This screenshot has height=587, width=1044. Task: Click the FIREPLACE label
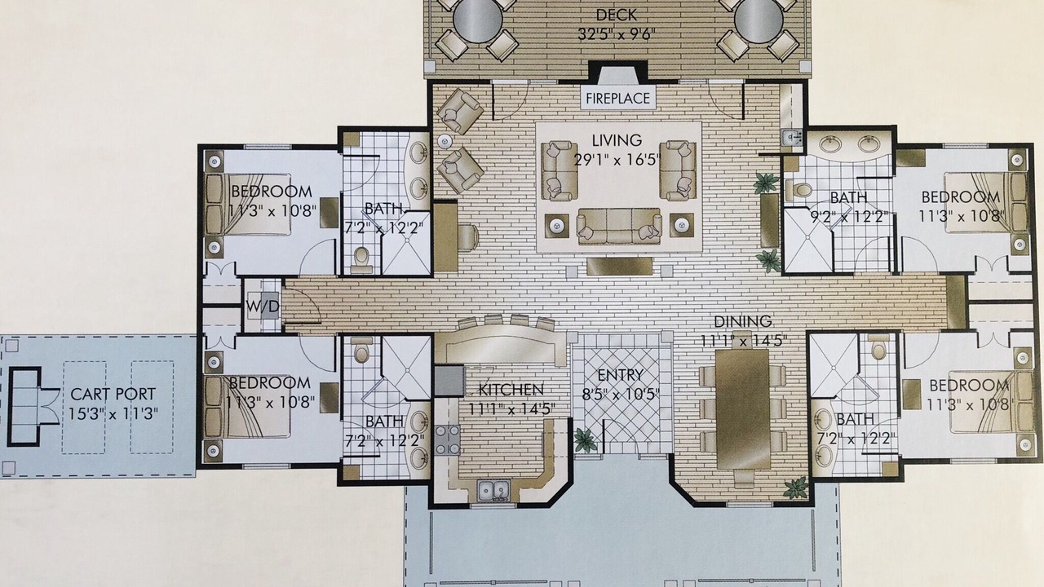point(617,99)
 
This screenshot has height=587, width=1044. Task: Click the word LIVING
point(617,139)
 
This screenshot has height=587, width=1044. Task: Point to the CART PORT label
point(113,394)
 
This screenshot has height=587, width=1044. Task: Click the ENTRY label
point(621,374)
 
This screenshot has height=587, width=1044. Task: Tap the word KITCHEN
point(511,390)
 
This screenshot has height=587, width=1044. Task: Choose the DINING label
point(743,321)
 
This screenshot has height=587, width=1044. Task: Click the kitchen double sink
point(493,490)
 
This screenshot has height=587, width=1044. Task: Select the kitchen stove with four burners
point(448,439)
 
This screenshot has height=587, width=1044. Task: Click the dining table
point(742,408)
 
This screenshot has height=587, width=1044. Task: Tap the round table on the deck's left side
point(478,21)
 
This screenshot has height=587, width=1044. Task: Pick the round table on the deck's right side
point(759,21)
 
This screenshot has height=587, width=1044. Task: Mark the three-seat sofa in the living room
point(619,226)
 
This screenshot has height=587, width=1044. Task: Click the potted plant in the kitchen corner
point(585,439)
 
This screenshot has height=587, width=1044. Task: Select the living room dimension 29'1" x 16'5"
point(618,160)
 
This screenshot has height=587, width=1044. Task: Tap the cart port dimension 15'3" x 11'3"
point(113,413)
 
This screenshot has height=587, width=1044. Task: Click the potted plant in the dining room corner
point(795,488)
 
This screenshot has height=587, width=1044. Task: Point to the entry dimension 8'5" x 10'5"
point(621,395)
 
